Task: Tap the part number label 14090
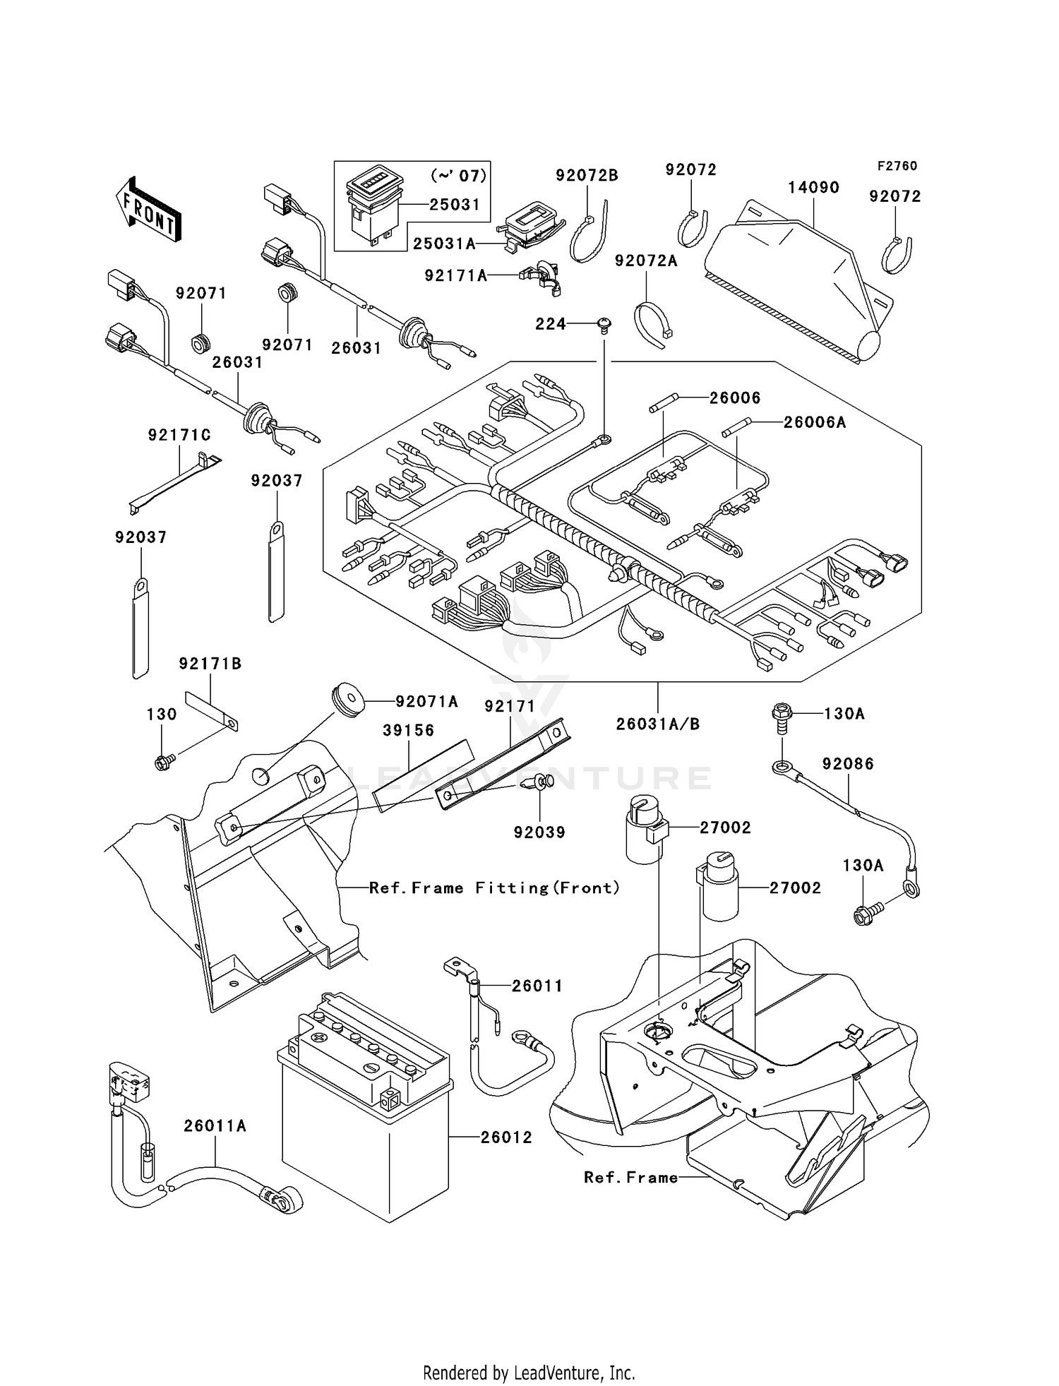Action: pyautogui.click(x=813, y=188)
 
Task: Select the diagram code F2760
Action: pyautogui.click(x=897, y=166)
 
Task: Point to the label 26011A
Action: pyautogui.click(x=215, y=1126)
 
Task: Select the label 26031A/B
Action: pyautogui.click(x=657, y=724)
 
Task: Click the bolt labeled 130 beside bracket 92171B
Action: pyautogui.click(x=163, y=762)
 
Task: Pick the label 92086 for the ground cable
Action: pyautogui.click(x=847, y=764)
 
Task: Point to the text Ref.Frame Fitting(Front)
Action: pyautogui.click(x=494, y=888)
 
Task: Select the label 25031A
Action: pyautogui.click(x=444, y=244)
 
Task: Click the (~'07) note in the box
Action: pyautogui.click(x=457, y=174)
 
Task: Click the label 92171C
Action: pyautogui.click(x=179, y=435)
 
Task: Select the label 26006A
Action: pyautogui.click(x=814, y=422)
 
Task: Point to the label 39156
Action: pyautogui.click(x=408, y=730)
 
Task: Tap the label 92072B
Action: pyautogui.click(x=586, y=175)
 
